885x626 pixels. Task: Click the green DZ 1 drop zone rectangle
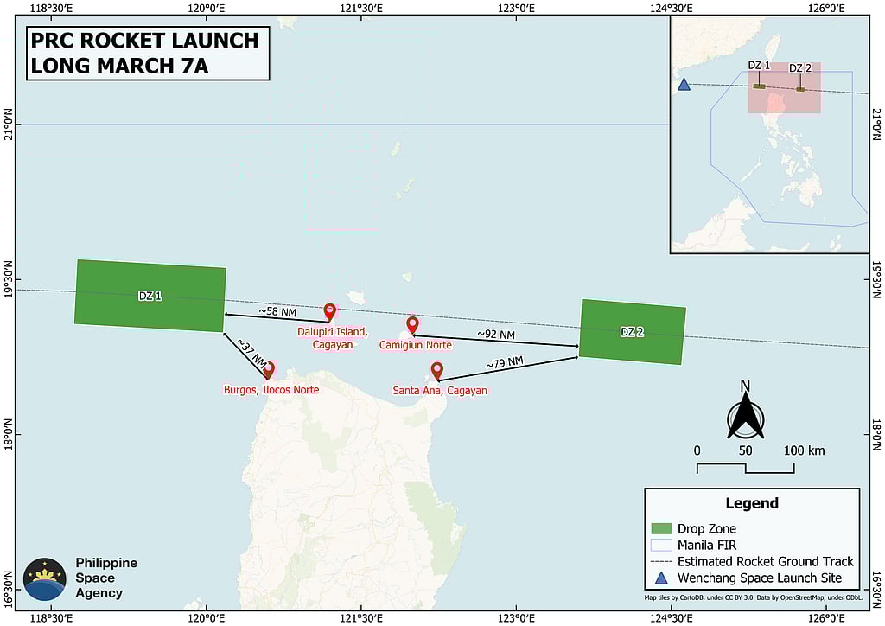point(150,296)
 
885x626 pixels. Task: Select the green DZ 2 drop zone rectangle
point(632,332)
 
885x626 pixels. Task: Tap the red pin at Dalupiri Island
point(329,312)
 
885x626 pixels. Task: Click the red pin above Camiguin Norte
point(412,325)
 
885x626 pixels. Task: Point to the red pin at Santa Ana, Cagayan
point(436,371)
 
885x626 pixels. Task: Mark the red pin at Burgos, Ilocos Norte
point(268,370)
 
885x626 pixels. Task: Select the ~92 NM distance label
point(496,335)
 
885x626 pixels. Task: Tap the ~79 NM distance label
point(504,364)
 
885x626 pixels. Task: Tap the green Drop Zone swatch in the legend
point(661,528)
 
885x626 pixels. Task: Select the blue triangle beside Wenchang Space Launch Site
point(661,578)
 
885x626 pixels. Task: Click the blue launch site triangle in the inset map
point(684,85)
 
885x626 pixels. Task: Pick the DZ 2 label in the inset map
point(800,68)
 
